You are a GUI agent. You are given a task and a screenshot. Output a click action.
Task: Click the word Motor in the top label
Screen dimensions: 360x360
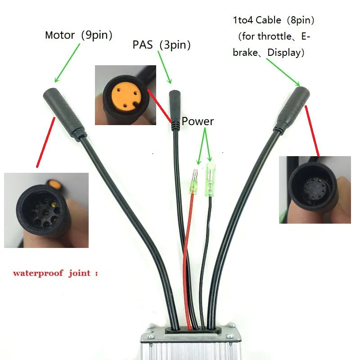60,35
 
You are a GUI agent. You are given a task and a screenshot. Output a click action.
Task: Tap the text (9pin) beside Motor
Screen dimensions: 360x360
97,35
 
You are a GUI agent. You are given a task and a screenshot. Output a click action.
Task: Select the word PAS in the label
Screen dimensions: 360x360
143,45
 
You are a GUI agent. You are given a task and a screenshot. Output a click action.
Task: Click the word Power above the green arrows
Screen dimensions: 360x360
198,121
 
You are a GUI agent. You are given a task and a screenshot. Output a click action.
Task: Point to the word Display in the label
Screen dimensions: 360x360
284,53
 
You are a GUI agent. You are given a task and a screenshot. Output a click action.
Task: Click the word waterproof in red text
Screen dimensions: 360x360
38,273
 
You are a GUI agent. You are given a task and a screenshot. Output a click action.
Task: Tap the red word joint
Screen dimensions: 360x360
80,273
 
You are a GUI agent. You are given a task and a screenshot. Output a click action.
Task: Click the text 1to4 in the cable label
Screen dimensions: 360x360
243,20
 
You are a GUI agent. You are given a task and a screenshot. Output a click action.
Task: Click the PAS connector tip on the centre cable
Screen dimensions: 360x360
175,110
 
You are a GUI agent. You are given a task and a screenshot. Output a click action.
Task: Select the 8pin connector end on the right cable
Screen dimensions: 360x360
292,108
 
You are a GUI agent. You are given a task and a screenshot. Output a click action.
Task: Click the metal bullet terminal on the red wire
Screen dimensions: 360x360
194,181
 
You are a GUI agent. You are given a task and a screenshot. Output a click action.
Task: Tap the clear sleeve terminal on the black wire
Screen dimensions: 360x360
210,179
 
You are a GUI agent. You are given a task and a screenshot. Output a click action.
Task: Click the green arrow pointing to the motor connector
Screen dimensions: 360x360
67,63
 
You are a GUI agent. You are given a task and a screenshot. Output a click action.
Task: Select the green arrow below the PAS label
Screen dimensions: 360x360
165,67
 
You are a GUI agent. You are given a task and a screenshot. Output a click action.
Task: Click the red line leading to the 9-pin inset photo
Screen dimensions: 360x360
46,142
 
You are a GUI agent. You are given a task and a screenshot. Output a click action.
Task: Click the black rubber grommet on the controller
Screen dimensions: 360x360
193,331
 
